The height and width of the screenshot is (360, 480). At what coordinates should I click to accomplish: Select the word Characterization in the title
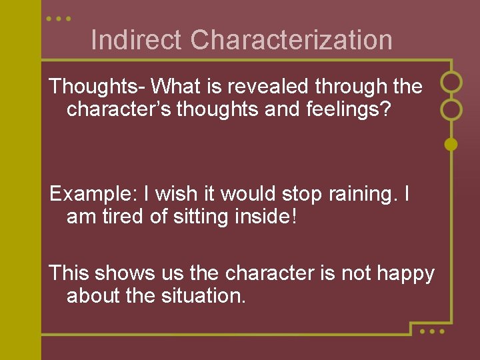(291, 40)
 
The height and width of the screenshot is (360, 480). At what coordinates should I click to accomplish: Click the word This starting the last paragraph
(69, 273)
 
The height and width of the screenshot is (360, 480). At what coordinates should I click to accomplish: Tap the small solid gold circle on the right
(451, 143)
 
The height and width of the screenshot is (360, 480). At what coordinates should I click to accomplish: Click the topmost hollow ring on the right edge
(451, 81)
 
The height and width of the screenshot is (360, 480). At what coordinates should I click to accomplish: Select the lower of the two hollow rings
(451, 109)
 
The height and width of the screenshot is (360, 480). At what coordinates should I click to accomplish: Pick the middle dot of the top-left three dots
(59, 19)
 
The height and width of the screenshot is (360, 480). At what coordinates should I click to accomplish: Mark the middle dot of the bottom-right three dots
(431, 331)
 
